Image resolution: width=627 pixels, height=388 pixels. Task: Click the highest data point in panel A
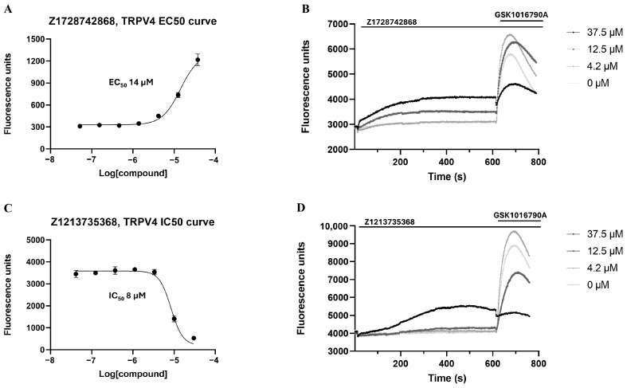pos(198,60)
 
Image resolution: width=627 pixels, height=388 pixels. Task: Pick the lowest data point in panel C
pos(194,338)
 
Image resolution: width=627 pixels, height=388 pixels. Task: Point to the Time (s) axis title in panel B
pos(446,174)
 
